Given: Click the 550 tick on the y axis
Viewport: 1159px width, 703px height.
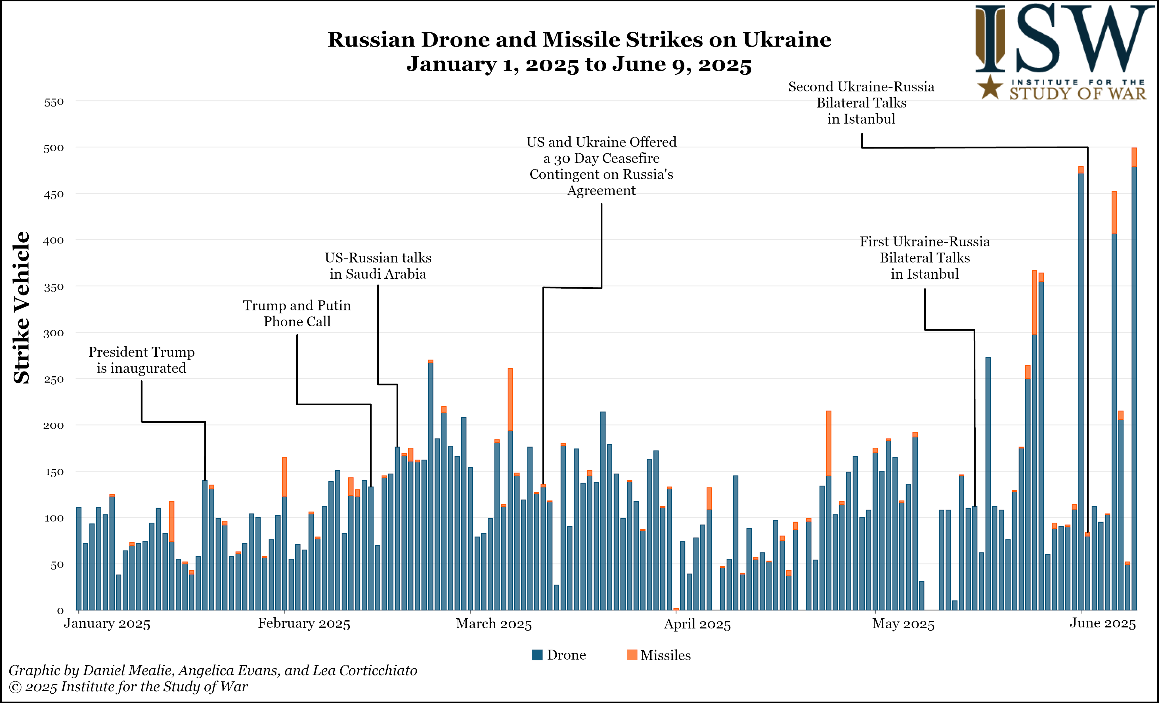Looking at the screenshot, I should click(x=54, y=102).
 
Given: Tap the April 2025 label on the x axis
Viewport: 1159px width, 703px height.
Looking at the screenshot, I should click(x=697, y=624).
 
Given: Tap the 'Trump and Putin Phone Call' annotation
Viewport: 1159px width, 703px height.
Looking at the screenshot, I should click(x=297, y=313).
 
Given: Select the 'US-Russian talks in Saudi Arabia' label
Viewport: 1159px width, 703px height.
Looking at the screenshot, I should click(x=378, y=266).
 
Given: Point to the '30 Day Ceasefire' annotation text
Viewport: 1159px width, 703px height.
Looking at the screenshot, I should click(x=601, y=158).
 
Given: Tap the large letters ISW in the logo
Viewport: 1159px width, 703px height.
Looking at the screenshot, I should click(x=1063, y=40).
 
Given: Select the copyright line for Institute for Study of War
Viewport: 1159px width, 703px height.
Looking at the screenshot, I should click(x=128, y=687).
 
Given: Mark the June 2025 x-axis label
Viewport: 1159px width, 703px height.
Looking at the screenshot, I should click(x=1103, y=623).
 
